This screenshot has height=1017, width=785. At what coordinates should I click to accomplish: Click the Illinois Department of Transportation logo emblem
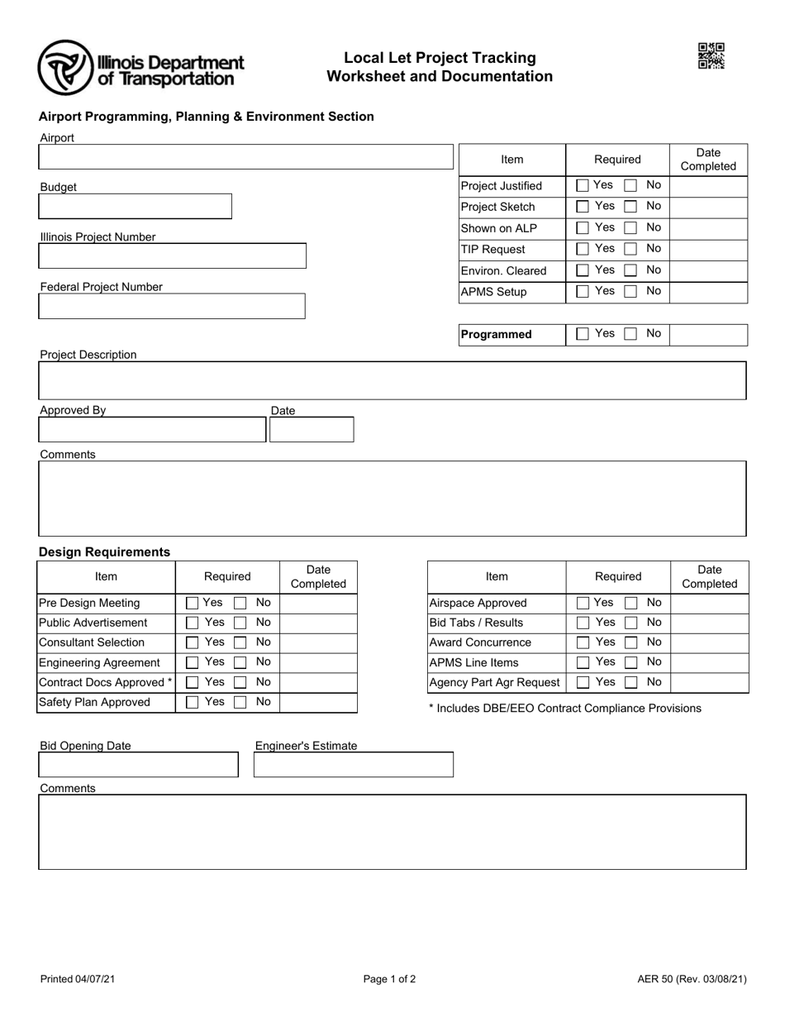point(65,67)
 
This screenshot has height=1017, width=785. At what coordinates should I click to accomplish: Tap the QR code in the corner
point(711,56)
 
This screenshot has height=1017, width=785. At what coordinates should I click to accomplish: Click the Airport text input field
point(246,157)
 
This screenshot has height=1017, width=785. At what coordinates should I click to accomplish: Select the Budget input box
point(136,206)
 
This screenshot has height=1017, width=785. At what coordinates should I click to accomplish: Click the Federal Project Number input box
point(172,306)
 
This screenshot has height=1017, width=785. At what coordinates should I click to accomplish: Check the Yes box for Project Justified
point(583,185)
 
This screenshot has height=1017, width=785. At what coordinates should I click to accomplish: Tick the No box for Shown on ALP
point(630,228)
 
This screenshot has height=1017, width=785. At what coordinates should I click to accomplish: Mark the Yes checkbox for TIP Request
point(583,249)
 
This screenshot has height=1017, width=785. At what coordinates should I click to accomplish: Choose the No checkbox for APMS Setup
point(630,292)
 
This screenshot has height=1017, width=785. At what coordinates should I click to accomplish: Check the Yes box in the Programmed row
point(583,334)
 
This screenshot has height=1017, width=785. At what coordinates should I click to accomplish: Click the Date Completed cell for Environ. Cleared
point(708,270)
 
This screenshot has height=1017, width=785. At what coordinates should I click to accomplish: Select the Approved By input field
point(153,430)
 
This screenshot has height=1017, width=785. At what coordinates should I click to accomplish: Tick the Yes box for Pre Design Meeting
point(192,604)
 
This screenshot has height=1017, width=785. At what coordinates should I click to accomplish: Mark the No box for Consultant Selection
point(240,643)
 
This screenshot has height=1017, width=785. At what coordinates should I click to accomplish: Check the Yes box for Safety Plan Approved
point(192,703)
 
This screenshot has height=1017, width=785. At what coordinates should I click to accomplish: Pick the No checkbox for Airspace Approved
point(631,604)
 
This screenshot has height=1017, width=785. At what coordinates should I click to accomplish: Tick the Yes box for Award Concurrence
point(583,643)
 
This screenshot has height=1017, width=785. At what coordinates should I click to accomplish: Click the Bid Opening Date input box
point(139,765)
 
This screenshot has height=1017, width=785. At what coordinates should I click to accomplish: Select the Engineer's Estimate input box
point(354,765)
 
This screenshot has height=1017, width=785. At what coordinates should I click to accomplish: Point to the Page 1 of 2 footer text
point(389,980)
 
